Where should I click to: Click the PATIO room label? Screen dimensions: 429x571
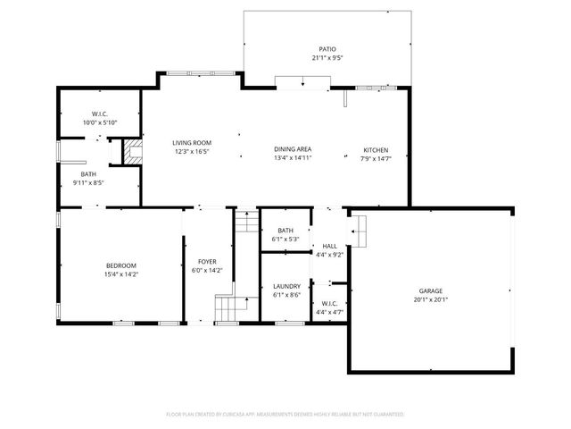pyautogui.click(x=327, y=49)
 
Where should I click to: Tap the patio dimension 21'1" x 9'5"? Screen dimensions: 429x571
pyautogui.click(x=327, y=58)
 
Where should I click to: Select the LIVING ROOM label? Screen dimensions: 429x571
pyautogui.click(x=191, y=143)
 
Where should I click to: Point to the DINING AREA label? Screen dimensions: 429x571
pyautogui.click(x=292, y=149)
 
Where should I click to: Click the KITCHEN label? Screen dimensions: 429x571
pyautogui.click(x=376, y=149)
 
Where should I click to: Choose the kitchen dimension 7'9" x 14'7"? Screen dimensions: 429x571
pyautogui.click(x=376, y=158)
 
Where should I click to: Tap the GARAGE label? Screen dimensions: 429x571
pyautogui.click(x=431, y=290)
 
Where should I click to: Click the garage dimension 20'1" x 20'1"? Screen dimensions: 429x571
pyautogui.click(x=431, y=300)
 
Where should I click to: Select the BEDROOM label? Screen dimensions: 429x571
pyautogui.click(x=120, y=265)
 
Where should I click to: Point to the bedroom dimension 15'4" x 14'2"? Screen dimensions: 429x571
pyautogui.click(x=120, y=274)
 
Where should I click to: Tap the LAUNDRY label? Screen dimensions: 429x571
pyautogui.click(x=286, y=286)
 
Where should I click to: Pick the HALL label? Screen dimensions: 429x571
pyautogui.click(x=329, y=246)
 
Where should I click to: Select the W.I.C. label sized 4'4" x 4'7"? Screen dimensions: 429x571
pyautogui.click(x=329, y=304)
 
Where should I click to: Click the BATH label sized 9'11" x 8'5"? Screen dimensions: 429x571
pyautogui.click(x=88, y=174)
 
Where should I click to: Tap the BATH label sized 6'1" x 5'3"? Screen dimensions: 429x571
pyautogui.click(x=285, y=231)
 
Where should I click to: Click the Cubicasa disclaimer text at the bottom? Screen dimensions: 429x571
pyautogui.click(x=285, y=414)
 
